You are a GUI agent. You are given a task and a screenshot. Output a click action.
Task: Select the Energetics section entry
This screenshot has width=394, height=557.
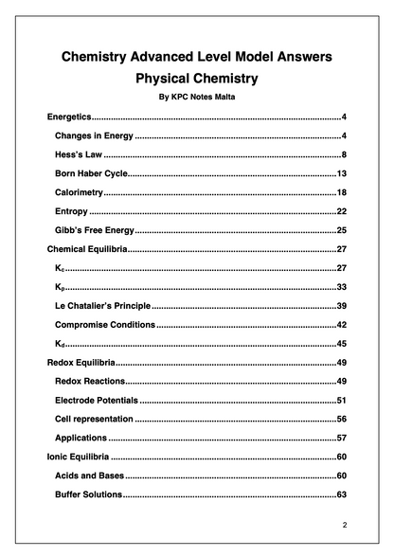68,117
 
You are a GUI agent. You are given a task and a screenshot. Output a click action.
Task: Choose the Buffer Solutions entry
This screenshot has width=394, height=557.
88,494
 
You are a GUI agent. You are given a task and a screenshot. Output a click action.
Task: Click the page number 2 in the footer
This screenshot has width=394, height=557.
345,524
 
